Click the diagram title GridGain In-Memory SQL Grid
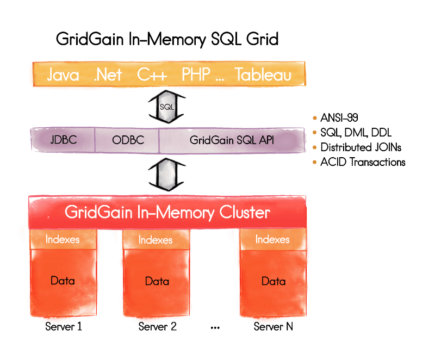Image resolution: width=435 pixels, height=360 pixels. coord(167,40)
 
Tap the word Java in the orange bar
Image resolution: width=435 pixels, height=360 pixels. coord(63,75)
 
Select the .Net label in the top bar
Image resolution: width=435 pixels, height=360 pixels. coord(108,75)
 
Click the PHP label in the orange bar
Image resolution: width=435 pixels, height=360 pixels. coord(196,75)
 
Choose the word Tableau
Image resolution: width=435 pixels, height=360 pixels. coord(263,75)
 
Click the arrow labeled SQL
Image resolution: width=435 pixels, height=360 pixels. coord(167,107)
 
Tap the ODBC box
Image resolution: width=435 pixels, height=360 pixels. coord(128,140)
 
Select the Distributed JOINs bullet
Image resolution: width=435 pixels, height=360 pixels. coord(361,147)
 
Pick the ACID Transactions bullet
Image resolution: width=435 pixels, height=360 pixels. coord(362,162)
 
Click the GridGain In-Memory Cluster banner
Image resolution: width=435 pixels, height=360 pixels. coord(167,212)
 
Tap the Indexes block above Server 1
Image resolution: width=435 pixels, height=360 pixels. coord(63,239)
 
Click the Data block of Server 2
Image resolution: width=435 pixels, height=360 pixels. coord(157,281)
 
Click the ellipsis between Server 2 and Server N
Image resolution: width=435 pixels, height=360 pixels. coord(214,328)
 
